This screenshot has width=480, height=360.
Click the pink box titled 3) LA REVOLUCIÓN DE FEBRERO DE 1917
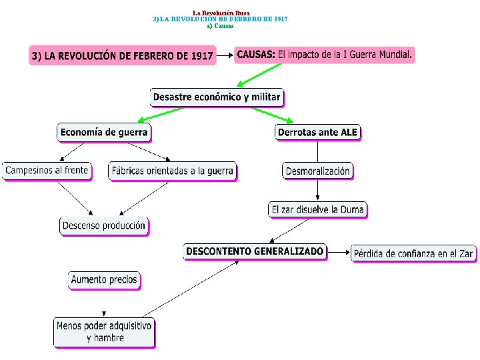123,55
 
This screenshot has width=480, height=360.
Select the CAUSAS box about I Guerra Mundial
325,54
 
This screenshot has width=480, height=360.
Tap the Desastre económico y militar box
217,97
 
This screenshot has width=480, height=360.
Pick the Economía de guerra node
103,132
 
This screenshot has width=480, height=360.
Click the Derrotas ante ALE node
317,132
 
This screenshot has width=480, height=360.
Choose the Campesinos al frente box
47,171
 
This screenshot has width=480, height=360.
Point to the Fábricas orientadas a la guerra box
173,171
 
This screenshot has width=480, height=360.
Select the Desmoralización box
317,171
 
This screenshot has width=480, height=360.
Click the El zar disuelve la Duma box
318,209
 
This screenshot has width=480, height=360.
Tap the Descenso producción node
103,225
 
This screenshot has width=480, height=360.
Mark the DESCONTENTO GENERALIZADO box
255,251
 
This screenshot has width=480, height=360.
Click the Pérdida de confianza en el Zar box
413,253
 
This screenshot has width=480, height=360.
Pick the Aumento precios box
104,280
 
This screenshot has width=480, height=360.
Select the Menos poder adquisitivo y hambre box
104,332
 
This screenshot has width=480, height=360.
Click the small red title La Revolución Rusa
221,13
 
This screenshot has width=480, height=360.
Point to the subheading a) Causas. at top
221,26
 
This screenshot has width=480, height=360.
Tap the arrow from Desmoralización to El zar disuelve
318,190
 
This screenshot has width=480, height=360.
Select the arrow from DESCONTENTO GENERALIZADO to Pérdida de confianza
339,253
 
